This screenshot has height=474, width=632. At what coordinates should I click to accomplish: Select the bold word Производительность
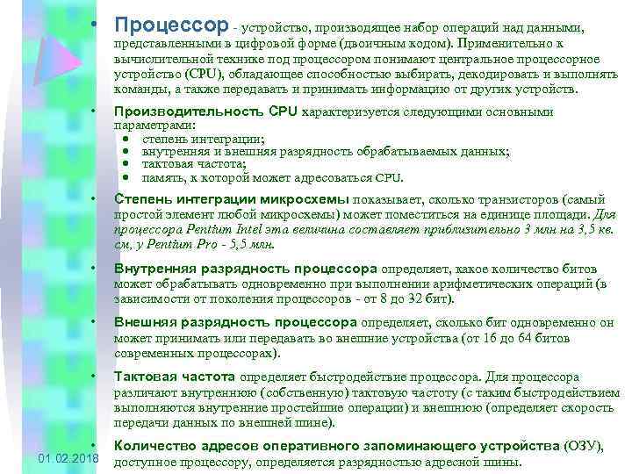point(189,112)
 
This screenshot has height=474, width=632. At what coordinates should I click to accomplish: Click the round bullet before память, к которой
point(127,176)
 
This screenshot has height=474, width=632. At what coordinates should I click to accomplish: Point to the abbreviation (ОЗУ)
point(583,447)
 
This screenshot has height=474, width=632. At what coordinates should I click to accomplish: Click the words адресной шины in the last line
point(482,463)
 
